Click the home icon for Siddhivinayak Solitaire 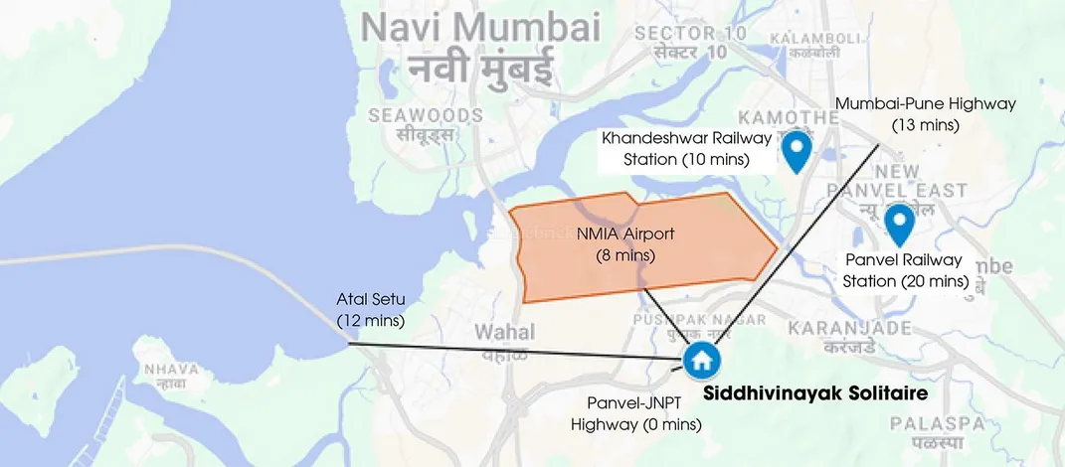pyautogui.click(x=702, y=360)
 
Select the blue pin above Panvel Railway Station pyautogui.click(x=900, y=224)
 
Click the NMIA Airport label pyautogui.click(x=625, y=235)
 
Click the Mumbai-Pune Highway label pyautogui.click(x=925, y=103)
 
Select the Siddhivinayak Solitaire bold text pyautogui.click(x=815, y=394)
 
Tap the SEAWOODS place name pyautogui.click(x=426, y=115)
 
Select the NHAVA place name pyautogui.click(x=170, y=370)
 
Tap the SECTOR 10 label pyautogui.click(x=689, y=33)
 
